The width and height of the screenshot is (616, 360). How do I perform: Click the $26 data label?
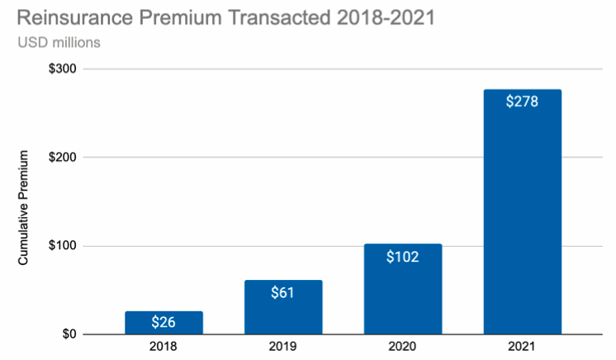163,322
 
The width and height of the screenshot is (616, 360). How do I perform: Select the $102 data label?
403,256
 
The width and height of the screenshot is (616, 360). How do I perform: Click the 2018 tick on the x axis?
163,348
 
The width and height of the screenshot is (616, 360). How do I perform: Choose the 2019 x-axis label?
283,348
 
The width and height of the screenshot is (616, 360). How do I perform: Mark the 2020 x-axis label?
403,348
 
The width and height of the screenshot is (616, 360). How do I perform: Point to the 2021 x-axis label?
523,348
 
